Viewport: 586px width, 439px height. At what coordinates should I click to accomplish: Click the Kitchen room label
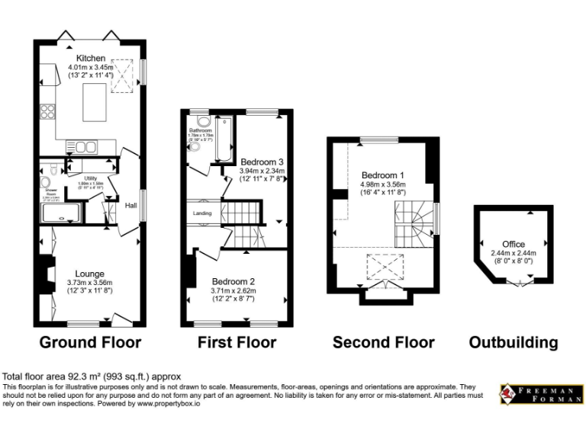[90, 58]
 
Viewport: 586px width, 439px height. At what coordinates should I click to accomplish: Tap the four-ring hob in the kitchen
[48, 112]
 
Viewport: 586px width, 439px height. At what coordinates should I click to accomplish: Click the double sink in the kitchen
[80, 146]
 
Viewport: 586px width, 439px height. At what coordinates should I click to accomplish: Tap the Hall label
[131, 204]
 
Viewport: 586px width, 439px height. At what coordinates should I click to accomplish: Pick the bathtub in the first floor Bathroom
[224, 139]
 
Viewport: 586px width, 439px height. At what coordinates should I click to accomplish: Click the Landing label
[202, 213]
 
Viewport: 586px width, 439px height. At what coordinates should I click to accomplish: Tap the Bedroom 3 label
[262, 162]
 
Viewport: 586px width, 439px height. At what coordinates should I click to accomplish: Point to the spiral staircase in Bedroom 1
[412, 223]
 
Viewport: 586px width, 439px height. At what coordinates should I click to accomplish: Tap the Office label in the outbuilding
[513, 245]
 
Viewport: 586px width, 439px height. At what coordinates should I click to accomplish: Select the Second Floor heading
[383, 342]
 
